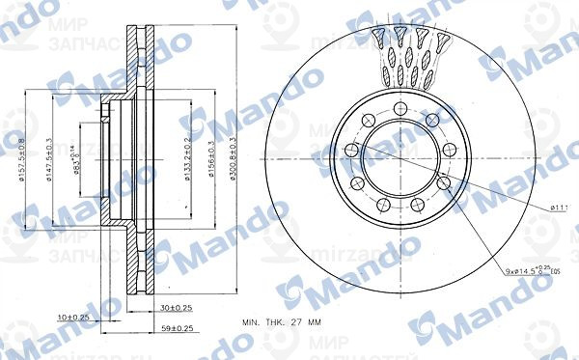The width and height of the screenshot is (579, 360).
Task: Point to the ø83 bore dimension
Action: tap(76, 155)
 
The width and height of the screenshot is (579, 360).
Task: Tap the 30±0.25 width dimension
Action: tap(177, 308)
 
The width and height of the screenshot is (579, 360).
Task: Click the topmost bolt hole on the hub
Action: tap(398, 108)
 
